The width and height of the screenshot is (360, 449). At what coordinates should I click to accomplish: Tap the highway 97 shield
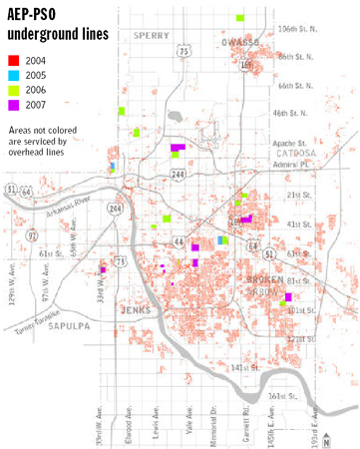tap(33, 234)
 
